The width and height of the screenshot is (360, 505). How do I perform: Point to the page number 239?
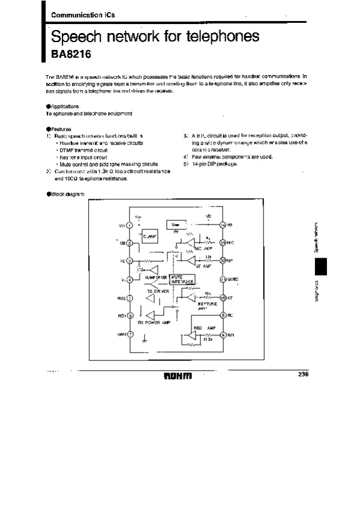click(x=302, y=376)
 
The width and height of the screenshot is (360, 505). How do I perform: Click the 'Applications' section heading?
click(x=63, y=106)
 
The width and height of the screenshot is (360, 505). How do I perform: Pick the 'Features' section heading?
click(x=59, y=129)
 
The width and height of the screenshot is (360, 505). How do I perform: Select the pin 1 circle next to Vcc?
click(x=129, y=225)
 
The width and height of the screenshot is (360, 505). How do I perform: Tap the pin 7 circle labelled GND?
click(x=129, y=334)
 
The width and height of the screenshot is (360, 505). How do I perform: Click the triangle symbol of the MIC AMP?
click(x=191, y=243)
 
